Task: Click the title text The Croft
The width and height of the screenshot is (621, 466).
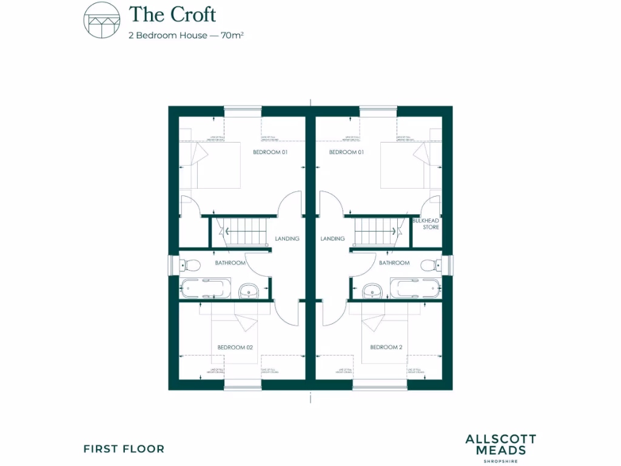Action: pyautogui.click(x=172, y=14)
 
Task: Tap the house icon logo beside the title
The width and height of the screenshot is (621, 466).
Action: pyautogui.click(x=101, y=21)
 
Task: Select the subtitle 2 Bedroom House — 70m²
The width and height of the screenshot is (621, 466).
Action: pyautogui.click(x=186, y=35)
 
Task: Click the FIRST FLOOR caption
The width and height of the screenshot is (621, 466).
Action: pyautogui.click(x=124, y=449)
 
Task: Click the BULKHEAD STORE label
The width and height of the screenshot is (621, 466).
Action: pyautogui.click(x=426, y=224)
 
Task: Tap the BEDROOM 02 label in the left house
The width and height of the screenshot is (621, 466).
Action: pyautogui.click(x=235, y=348)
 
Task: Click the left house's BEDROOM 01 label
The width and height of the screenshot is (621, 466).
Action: pyautogui.click(x=270, y=152)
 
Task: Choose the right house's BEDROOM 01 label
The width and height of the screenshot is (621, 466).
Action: pyautogui.click(x=346, y=152)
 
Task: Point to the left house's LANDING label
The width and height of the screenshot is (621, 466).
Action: pyautogui.click(x=287, y=239)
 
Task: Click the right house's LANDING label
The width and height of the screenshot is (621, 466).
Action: pyautogui.click(x=332, y=239)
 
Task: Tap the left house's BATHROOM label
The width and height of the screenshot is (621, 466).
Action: pyautogui.click(x=230, y=263)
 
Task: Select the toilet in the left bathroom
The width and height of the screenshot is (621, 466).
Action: pyautogui.click(x=190, y=265)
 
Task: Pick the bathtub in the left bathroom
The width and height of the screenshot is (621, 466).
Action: pyautogui.click(x=204, y=288)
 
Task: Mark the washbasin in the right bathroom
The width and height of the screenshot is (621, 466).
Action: pyautogui.click(x=371, y=291)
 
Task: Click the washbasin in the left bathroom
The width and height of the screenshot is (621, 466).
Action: pyautogui.click(x=249, y=291)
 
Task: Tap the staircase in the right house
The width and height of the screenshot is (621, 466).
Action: pyautogui.click(x=374, y=231)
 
